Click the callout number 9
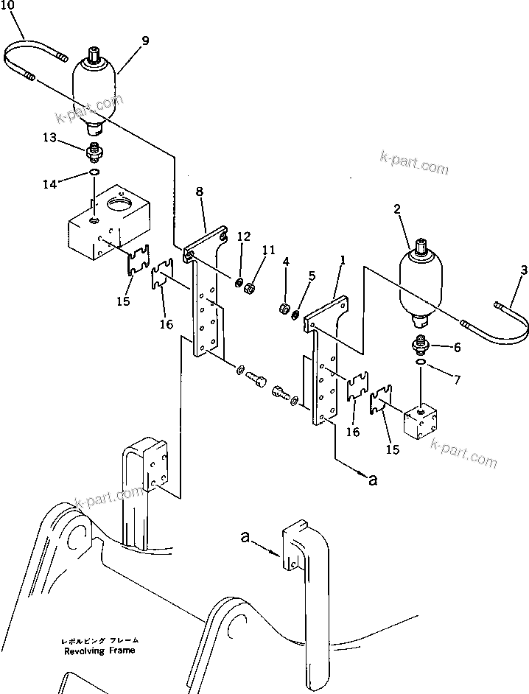coord(145,41)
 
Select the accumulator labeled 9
coord(96,92)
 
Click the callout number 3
coord(523,271)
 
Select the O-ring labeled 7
coord(420,363)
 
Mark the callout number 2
coord(396,210)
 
